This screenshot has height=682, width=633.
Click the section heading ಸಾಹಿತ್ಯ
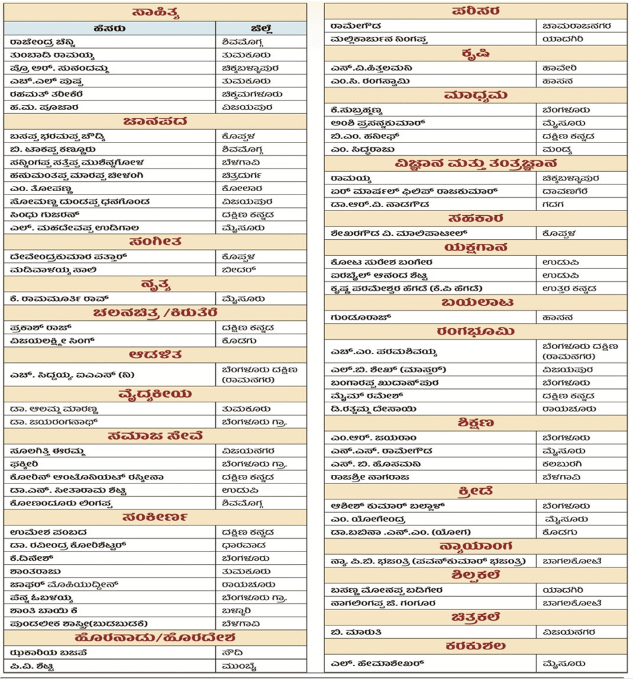[x=155, y=12]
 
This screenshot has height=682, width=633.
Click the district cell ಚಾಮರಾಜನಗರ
[x=567, y=25]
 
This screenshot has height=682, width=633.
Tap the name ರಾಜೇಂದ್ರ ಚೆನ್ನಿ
[x=43, y=42]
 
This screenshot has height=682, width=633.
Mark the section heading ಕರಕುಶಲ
[x=477, y=647]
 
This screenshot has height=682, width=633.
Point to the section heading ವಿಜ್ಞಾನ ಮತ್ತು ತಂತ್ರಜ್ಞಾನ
[x=476, y=163]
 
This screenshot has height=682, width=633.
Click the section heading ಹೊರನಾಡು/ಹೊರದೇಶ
[x=155, y=638]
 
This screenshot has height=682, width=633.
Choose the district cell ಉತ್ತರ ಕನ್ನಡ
[x=569, y=288]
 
